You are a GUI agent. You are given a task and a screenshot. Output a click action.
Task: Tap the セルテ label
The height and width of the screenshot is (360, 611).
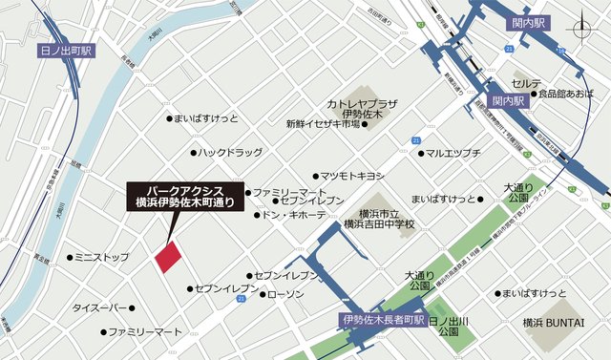tap(527, 84)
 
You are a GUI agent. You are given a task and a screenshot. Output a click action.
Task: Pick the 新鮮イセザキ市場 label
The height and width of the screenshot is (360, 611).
tap(323, 124)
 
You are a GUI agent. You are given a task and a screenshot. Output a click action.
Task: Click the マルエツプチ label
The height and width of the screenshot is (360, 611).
tap(453, 153)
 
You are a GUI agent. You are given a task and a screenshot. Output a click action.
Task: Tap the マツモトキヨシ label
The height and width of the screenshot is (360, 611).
tap(351, 176)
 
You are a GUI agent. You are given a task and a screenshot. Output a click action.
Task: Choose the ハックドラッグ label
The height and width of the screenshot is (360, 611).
tap(230, 152)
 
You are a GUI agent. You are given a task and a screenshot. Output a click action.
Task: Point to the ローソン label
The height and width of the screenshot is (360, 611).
tap(285, 294)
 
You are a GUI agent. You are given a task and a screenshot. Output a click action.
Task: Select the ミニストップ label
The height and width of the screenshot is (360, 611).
tap(102, 258)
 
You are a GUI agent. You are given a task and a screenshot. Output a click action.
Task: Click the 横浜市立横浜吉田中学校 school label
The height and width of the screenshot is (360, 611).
tap(380, 219)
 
